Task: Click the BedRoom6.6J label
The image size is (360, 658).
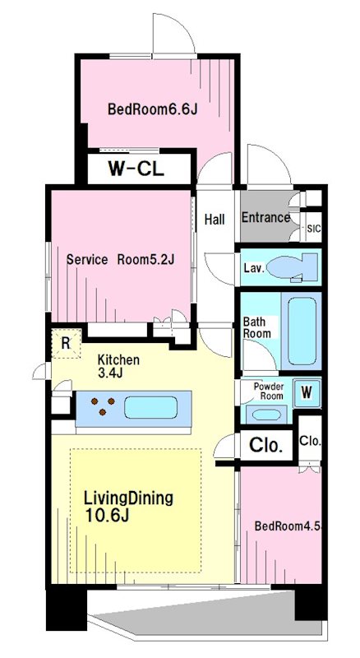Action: [x=152, y=109]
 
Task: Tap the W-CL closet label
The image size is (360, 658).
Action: [x=136, y=169]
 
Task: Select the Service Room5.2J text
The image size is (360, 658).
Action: [x=121, y=259]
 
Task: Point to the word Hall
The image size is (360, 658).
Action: [x=215, y=219]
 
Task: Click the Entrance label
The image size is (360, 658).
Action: [x=265, y=217]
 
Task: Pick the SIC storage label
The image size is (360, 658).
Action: [x=314, y=229]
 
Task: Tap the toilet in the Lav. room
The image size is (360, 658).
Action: [x=292, y=266]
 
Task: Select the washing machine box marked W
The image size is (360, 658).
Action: [x=307, y=393]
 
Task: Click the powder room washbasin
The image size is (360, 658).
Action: [x=266, y=415]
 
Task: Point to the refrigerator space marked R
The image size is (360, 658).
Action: [x=66, y=343]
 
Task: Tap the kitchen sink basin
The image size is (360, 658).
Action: [x=150, y=407]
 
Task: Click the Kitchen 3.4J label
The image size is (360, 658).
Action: [x=118, y=366]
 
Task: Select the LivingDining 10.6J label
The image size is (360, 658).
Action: [x=128, y=506]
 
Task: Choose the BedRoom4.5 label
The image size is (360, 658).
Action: [x=288, y=526]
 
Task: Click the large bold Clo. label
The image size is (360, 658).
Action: [x=265, y=445]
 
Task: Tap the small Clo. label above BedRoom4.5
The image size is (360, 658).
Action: [x=310, y=441]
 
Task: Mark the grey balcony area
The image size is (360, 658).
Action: [x=210, y=614]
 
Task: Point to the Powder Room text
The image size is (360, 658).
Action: [x=269, y=391]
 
